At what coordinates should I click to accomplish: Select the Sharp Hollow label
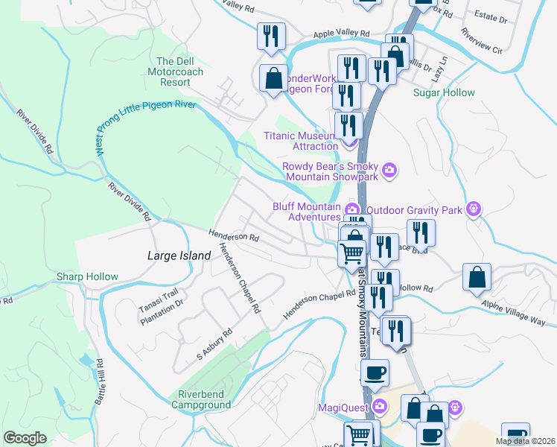pyautogui.click(x=88, y=277)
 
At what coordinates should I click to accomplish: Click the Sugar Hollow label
pyautogui.click(x=444, y=93)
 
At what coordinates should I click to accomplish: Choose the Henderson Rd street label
pyautogui.click(x=234, y=236)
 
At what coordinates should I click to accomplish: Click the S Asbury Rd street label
pyautogui.click(x=214, y=343)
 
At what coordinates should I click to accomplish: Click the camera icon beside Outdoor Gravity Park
pyautogui.click(x=472, y=209)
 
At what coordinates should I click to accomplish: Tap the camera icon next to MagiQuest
pyautogui.click(x=380, y=406)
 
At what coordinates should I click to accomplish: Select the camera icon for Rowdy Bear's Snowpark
pyautogui.click(x=389, y=172)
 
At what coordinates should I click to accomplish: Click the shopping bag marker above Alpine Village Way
pyautogui.click(x=477, y=277)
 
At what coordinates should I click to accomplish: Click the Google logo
pyautogui.click(x=25, y=438)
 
